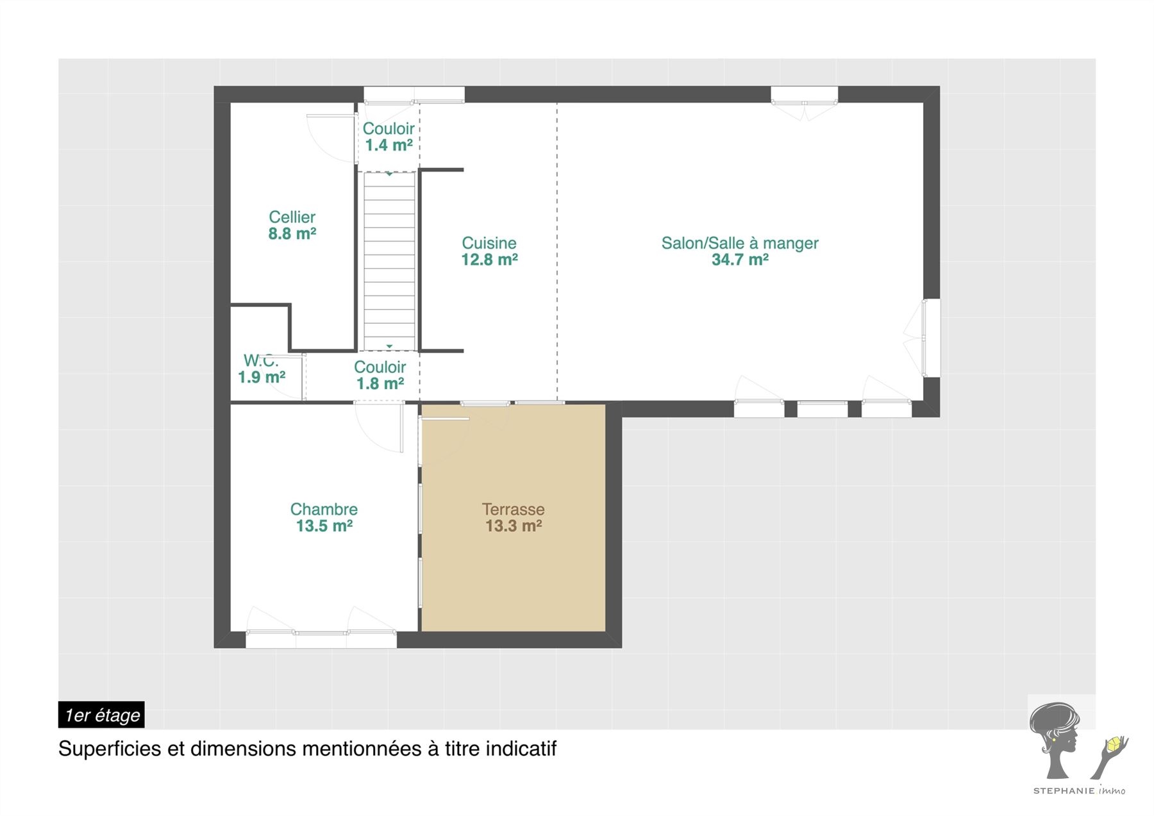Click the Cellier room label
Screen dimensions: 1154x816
pyautogui.click(x=292, y=217)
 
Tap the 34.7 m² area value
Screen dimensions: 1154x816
pyautogui.click(x=740, y=260)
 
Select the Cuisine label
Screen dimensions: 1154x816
pyautogui.click(x=489, y=243)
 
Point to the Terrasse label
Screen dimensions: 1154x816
pyautogui.click(x=514, y=510)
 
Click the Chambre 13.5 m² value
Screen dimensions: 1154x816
pyautogui.click(x=324, y=526)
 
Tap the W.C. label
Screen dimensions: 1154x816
pyautogui.click(x=261, y=361)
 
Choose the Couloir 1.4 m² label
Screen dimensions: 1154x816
pyautogui.click(x=389, y=137)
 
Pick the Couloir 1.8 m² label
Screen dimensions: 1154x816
pyautogui.click(x=380, y=375)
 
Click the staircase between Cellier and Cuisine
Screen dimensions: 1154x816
pyautogui.click(x=389, y=261)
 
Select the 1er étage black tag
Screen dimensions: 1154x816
pyautogui.click(x=101, y=715)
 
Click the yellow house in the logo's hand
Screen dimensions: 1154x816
pyautogui.click(x=1116, y=744)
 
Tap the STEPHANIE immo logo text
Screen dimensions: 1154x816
pyautogui.click(x=1079, y=791)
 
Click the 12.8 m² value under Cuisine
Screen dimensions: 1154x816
pyautogui.click(x=489, y=260)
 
